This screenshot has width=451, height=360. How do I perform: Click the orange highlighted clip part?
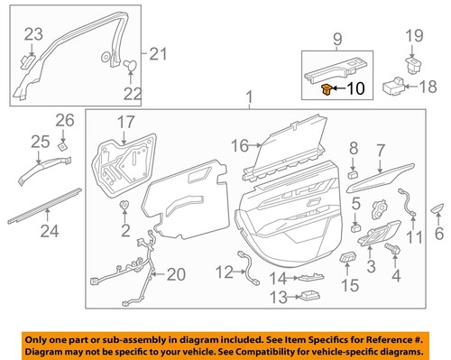326,88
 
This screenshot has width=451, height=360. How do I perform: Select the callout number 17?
124,121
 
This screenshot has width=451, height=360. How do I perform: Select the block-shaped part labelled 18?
392,86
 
